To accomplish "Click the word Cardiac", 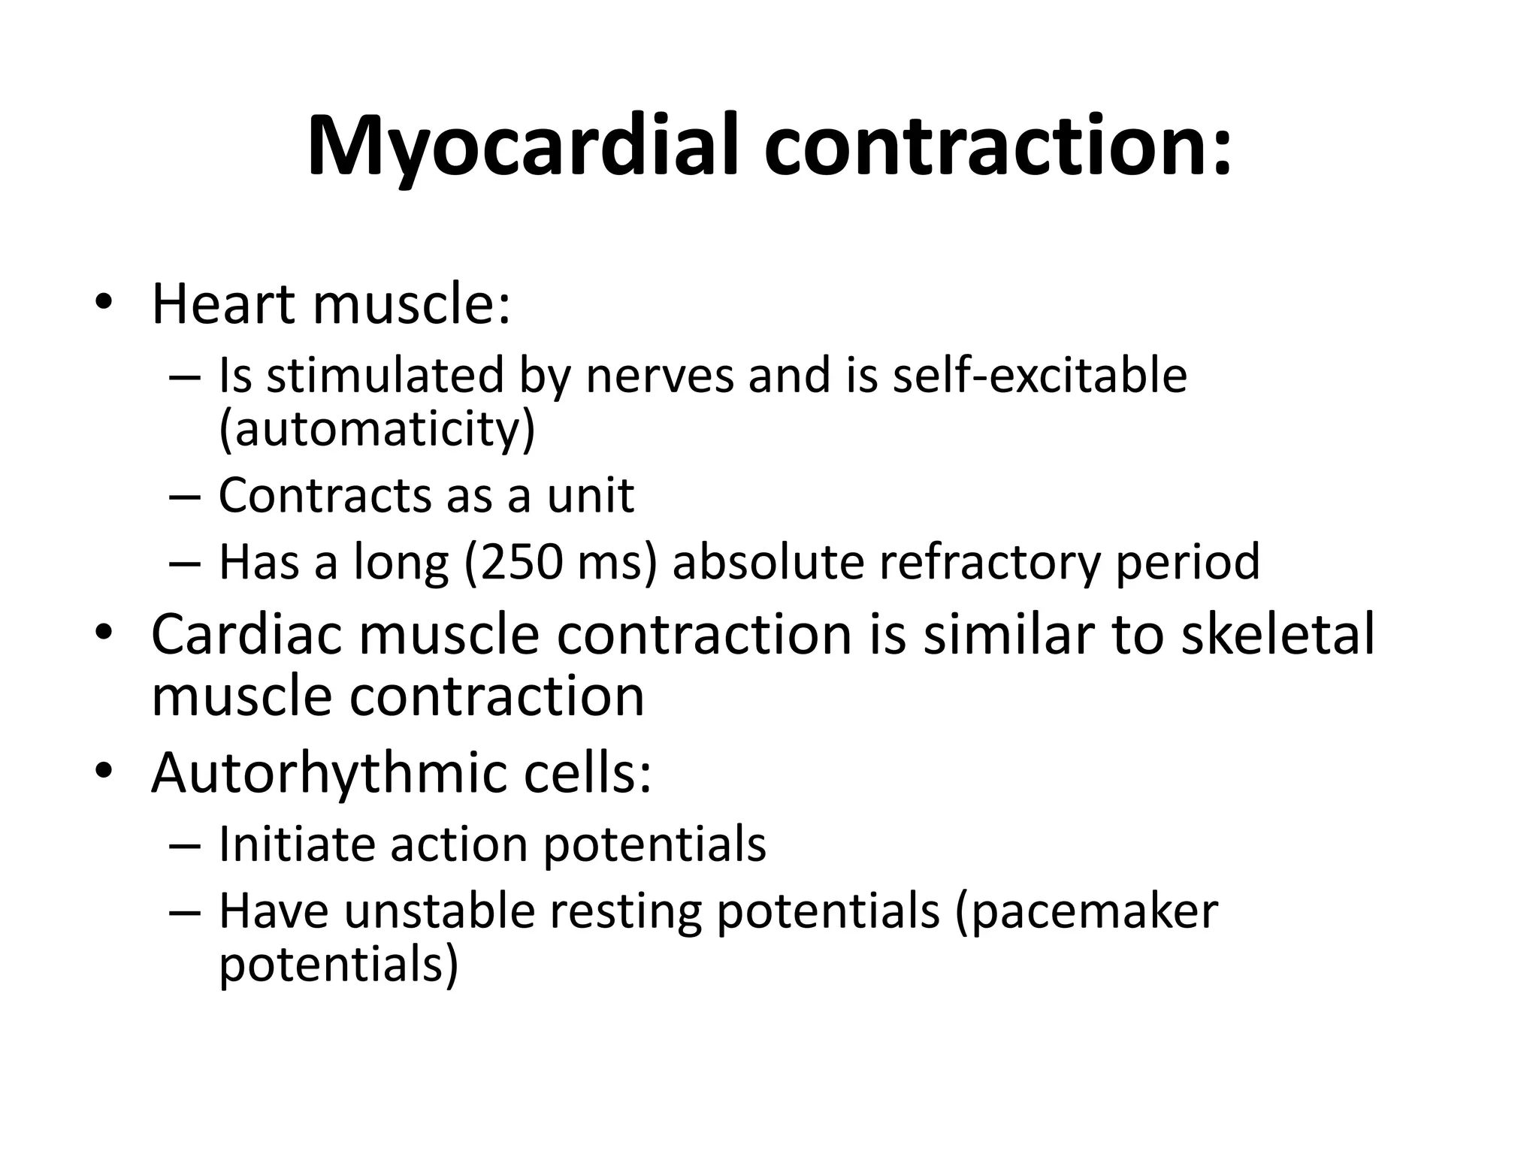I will (x=247, y=634).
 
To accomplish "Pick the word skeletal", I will (x=1277, y=634).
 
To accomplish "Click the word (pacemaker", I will (x=1087, y=913).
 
